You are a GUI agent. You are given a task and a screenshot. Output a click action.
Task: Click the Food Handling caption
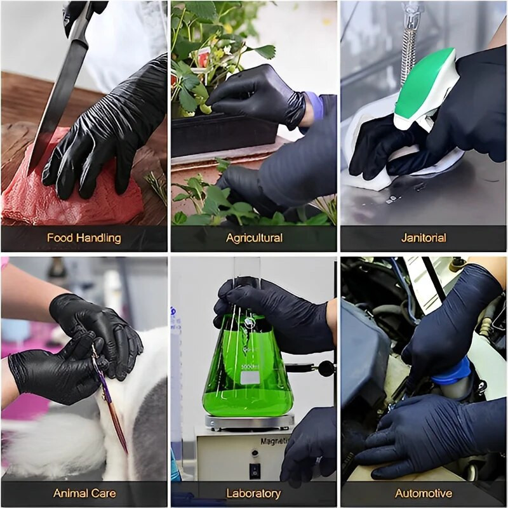coord(84,239)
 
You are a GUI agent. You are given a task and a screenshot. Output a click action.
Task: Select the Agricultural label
coord(254,239)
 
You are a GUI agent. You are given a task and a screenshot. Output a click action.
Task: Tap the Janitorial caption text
coord(424,239)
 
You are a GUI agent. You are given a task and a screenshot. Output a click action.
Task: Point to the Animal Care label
coord(84,493)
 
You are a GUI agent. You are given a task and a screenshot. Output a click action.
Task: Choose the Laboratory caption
coord(253,493)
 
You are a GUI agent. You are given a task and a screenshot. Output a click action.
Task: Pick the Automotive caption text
coord(424,493)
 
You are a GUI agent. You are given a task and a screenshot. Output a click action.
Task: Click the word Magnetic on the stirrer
coord(275,441)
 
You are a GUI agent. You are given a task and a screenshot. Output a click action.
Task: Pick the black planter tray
coord(222,133)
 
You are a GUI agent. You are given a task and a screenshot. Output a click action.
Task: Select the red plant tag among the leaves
coord(203,58)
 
